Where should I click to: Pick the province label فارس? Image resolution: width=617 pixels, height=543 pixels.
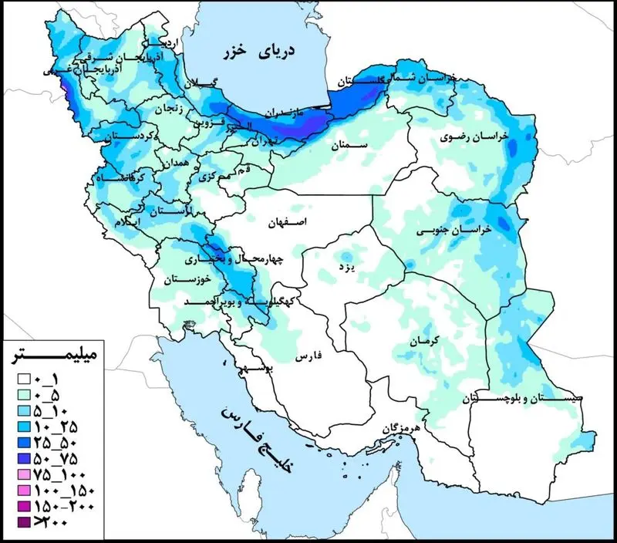[307, 357]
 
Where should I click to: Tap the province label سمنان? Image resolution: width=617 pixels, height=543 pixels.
[345, 144]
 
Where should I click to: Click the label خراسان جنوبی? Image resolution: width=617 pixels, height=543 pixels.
[444, 231]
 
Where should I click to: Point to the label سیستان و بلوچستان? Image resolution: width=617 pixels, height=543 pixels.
[509, 399]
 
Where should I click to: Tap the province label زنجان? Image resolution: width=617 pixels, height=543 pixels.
[170, 109]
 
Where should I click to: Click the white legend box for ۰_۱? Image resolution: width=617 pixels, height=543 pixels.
[23, 379]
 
